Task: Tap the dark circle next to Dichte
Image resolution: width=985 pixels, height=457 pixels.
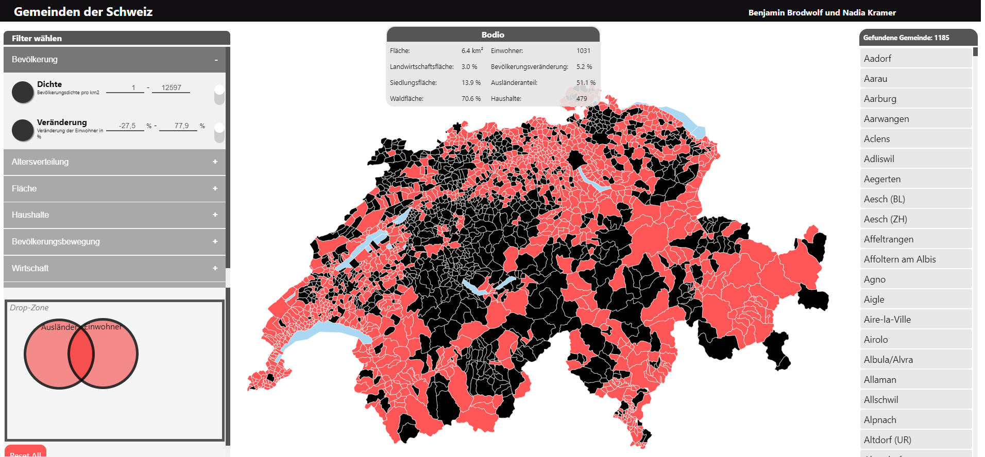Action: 23,92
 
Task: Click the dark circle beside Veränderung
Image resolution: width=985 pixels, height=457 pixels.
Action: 23,130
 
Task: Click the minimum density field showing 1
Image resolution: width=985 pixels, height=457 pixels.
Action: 125,87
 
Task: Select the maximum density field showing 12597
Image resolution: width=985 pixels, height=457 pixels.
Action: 171,87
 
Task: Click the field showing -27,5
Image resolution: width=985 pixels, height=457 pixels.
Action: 125,126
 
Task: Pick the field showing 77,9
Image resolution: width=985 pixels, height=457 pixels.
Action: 178,126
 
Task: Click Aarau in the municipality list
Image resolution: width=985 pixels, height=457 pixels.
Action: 875,79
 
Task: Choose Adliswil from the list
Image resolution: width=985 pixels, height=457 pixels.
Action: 879,159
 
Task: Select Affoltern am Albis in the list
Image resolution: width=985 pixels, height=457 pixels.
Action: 899,259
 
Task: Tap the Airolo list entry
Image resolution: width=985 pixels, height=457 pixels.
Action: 876,340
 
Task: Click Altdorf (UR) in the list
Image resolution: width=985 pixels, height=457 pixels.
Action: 887,440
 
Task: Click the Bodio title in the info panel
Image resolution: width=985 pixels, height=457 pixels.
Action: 492,34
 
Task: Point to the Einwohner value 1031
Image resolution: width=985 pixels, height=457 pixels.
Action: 583,50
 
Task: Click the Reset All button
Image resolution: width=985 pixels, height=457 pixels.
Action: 26,452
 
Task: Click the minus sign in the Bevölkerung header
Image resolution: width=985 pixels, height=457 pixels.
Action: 216,60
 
